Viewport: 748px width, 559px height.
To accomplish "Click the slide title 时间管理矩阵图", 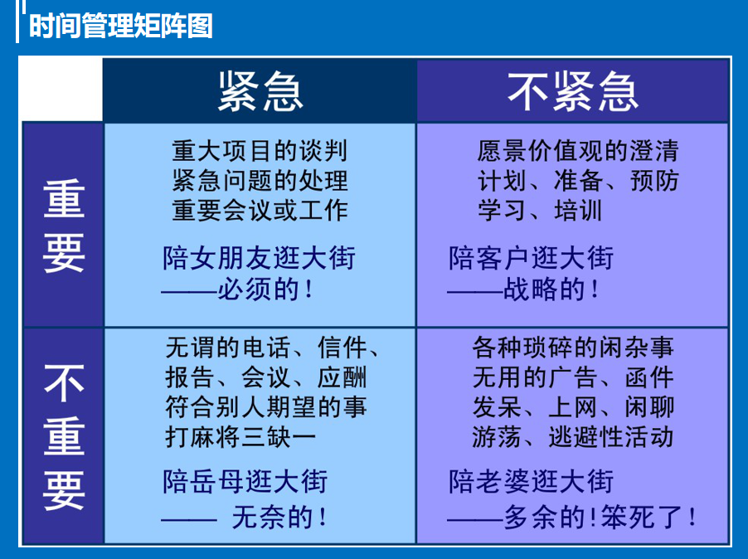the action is (x=121, y=26).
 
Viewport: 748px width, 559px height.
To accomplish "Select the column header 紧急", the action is (x=260, y=91).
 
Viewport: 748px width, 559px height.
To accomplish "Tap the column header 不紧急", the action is (x=573, y=91).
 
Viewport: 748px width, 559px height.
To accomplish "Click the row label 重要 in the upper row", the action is (x=64, y=226).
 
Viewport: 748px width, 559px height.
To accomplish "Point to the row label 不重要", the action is (x=64, y=436).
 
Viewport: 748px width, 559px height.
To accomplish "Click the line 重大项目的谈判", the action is (x=260, y=151).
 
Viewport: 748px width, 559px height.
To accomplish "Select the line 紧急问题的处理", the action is (x=260, y=180).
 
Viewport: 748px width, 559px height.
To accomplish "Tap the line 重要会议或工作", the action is (x=260, y=211).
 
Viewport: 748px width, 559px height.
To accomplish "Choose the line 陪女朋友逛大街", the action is (x=259, y=258).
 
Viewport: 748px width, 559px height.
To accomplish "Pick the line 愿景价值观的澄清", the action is (x=578, y=151).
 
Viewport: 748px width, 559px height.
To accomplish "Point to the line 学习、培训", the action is (x=540, y=211).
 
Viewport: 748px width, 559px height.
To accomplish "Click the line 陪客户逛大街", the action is (x=531, y=258).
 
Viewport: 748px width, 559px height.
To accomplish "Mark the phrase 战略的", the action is (x=544, y=289).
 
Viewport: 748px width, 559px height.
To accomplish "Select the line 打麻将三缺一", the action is (x=240, y=437).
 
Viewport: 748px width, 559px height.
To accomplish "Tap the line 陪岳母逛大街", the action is (x=245, y=481).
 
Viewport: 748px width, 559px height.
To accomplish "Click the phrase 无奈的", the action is (x=272, y=518).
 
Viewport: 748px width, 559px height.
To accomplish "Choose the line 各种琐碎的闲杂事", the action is (x=573, y=348).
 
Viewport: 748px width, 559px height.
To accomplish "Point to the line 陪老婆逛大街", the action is (x=531, y=481).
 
